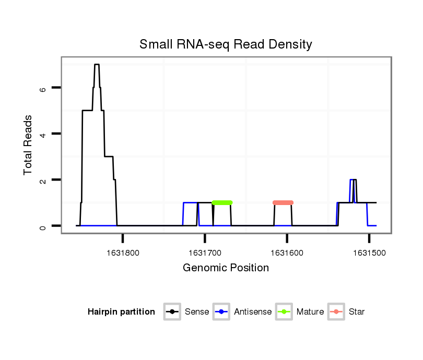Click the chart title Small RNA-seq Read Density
pos(226,44)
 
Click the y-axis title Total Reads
pos(29,145)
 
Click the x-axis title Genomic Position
pos(226,268)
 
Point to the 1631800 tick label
pos(123,253)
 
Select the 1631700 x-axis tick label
pos(205,253)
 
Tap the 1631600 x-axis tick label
pos(287,253)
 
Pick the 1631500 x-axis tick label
pos(369,253)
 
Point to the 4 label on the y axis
pos(43,134)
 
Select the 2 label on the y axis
pos(43,180)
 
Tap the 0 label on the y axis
pos(43,226)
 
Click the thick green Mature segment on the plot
pos(222,202)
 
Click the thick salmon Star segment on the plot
pos(283,202)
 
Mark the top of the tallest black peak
pos(97,65)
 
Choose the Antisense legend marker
pos(221,312)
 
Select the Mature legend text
pos(310,312)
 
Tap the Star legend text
pos(357,312)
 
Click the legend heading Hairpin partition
pos(121,312)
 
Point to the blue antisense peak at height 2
pos(351,180)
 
